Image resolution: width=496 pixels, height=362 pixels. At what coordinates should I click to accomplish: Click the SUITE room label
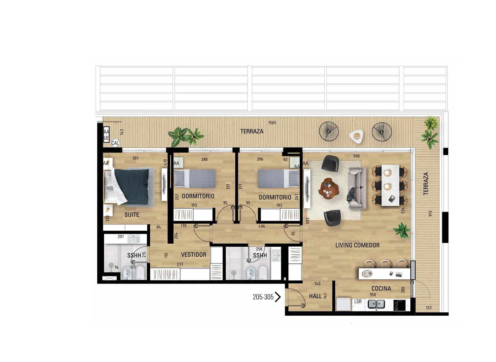point(132,215)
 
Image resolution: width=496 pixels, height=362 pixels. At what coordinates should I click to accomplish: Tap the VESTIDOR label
point(194,255)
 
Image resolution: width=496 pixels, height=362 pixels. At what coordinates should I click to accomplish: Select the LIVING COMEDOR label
point(357,245)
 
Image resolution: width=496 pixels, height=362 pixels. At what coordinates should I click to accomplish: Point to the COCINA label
point(381,288)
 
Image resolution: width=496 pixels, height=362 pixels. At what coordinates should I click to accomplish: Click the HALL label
point(315,296)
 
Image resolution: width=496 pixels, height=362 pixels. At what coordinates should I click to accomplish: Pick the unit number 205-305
point(263,297)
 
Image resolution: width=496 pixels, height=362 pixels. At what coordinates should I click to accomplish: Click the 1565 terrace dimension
point(272,123)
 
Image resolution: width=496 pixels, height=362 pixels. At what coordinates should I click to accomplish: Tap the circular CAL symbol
point(115,143)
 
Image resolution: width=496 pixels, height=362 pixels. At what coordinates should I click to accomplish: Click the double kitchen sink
point(376,304)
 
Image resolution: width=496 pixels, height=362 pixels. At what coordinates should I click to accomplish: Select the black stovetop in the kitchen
point(400,305)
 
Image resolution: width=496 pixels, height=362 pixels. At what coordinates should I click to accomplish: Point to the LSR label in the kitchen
point(358,301)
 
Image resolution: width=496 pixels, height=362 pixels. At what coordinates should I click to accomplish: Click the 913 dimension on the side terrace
point(430,214)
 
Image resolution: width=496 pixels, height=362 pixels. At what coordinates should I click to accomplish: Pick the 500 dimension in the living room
point(356,156)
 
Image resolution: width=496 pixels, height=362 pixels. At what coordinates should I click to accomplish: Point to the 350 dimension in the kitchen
point(373,295)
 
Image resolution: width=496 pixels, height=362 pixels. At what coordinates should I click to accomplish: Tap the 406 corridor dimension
point(262,226)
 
